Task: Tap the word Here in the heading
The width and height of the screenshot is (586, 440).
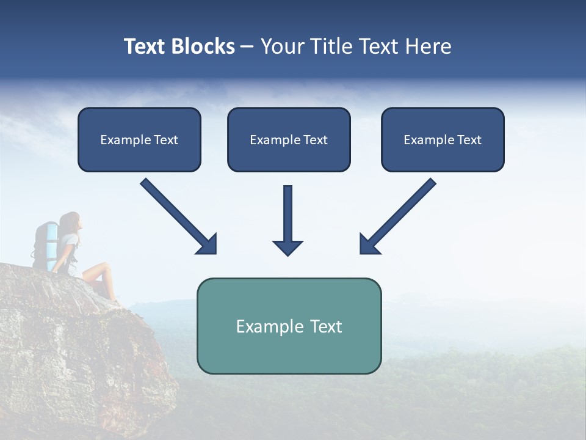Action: point(427,46)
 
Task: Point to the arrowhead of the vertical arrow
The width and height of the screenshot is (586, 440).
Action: point(288,248)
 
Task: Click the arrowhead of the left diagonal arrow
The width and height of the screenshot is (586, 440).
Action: point(208,244)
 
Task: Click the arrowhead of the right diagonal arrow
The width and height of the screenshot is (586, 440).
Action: point(369,244)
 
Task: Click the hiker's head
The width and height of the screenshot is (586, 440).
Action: point(70,221)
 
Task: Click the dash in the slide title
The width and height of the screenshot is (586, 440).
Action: point(247,46)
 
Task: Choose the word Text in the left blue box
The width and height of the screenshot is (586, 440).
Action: point(165,140)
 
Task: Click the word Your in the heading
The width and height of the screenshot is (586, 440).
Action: point(282,46)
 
